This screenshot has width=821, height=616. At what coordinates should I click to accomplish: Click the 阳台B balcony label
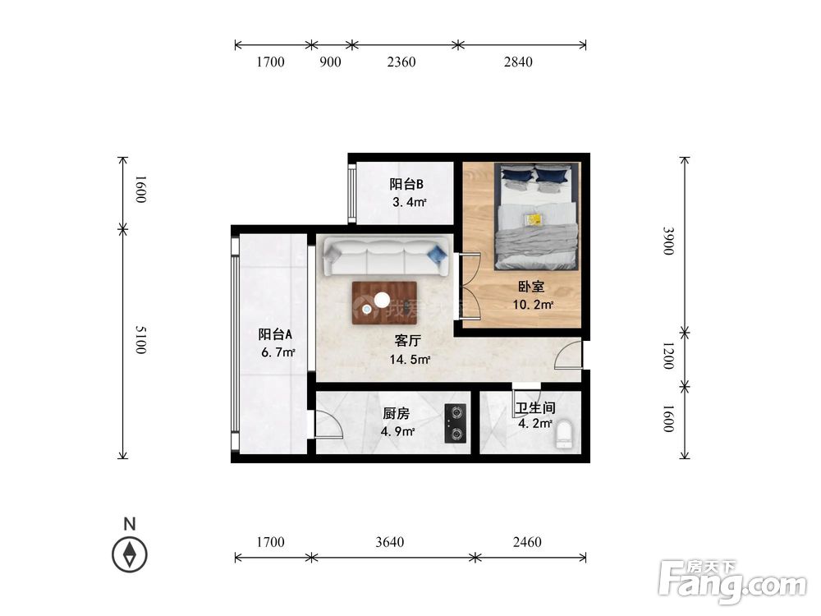click(406, 184)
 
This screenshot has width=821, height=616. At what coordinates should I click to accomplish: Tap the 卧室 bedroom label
click(531, 286)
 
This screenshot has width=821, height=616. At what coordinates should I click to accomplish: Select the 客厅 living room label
click(407, 341)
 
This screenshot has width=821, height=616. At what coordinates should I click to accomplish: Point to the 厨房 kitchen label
click(396, 413)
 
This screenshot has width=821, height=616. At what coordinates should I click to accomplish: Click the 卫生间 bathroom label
click(535, 407)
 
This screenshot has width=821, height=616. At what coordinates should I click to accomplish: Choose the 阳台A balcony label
click(275, 334)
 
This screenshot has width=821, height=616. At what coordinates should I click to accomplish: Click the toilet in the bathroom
click(564, 434)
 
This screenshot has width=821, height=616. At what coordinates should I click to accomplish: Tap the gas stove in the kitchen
click(456, 423)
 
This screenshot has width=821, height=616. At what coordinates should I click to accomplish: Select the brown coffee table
click(384, 303)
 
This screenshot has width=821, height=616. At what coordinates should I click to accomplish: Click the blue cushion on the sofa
click(437, 255)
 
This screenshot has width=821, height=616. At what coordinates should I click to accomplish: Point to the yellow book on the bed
click(534, 219)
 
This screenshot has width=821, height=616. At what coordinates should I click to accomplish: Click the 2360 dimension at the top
click(401, 62)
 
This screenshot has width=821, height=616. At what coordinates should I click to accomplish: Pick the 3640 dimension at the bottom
click(389, 541)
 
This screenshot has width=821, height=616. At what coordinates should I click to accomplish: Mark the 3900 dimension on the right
click(668, 241)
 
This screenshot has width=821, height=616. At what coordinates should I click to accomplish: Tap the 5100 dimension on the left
click(141, 340)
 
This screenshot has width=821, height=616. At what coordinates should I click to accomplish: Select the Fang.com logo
click(732, 582)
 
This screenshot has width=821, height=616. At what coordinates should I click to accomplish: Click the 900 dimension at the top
click(330, 62)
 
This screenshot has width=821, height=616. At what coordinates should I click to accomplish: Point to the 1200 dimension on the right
click(668, 356)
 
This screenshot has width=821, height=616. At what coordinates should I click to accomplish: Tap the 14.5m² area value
click(410, 360)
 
